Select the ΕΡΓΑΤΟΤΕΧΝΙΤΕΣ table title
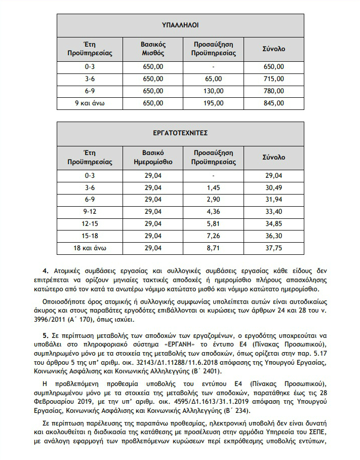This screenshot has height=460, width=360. click(180, 133)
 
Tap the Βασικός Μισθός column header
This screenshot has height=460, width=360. click(153, 49)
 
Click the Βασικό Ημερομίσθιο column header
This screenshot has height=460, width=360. click(153, 158)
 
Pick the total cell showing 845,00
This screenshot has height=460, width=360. click(274, 103)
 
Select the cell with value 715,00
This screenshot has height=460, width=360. click(274, 79)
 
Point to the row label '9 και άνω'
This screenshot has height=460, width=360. click(90, 103)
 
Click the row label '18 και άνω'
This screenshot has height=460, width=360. click(90, 248)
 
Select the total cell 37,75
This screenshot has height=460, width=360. click(274, 248)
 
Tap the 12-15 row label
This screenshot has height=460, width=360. click(90, 224)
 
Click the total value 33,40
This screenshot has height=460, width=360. click(274, 212)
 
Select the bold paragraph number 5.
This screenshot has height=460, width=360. click(45, 336)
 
